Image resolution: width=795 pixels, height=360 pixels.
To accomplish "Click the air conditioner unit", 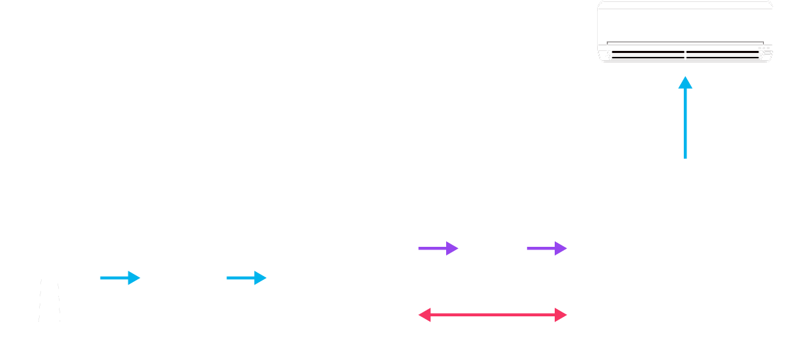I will click(x=684, y=32).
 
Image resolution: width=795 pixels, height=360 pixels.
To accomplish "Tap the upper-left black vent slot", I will click(x=647, y=52).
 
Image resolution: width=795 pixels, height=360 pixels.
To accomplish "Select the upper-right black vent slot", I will click(x=723, y=52).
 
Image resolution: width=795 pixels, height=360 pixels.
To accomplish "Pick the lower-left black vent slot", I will click(x=647, y=58).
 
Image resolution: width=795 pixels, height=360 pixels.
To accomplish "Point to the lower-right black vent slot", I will click(x=723, y=58).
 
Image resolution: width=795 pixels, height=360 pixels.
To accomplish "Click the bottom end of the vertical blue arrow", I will click(x=685, y=157).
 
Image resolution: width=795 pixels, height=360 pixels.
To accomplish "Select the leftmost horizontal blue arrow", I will click(x=120, y=278).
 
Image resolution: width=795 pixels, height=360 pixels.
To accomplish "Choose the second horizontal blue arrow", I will click(x=246, y=278).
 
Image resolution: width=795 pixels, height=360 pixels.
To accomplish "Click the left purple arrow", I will click(x=438, y=249).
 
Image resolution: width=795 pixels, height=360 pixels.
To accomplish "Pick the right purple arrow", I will click(x=547, y=249).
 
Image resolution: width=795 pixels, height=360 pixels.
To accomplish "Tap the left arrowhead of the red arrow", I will click(x=424, y=315).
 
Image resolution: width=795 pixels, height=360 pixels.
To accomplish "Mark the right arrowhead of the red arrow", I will click(x=562, y=315).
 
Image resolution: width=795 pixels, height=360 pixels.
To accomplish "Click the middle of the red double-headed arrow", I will click(x=492, y=315).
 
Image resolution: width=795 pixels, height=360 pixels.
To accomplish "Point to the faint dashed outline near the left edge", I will click(x=49, y=301).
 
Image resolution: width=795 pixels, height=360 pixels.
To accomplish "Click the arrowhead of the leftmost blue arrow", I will click(x=134, y=278).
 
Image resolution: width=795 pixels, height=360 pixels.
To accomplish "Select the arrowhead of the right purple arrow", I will click(x=561, y=249).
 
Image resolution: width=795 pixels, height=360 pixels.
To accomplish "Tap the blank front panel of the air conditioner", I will click(x=684, y=23).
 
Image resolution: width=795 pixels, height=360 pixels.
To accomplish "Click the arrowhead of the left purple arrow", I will click(x=453, y=249).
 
